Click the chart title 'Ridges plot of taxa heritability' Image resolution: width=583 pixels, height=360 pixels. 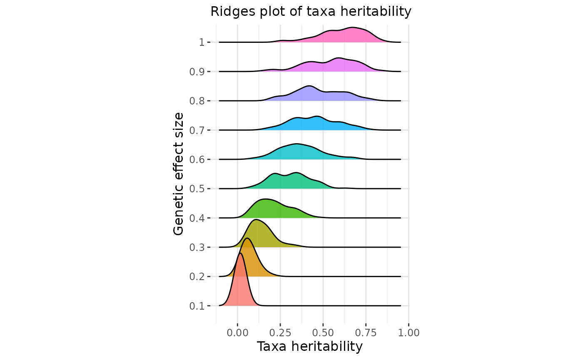coord(311,12)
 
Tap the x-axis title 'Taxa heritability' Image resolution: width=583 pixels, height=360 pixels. coord(310,347)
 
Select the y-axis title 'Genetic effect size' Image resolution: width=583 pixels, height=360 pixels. coord(178,174)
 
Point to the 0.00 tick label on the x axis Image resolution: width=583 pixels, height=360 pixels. coord(237,333)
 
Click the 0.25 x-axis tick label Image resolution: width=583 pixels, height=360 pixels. coord(280,333)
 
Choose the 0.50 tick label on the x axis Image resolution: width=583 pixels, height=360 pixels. coord(323,333)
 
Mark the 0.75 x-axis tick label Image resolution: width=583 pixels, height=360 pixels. coord(366,333)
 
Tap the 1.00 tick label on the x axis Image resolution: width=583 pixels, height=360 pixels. coord(409,333)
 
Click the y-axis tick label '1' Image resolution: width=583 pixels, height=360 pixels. coord(202,42)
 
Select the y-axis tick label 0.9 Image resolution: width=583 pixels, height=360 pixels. coord(197,72)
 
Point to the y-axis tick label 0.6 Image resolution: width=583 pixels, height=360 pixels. coord(197,159)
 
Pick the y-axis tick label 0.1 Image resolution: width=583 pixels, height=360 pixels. coord(197,306)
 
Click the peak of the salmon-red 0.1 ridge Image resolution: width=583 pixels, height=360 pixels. coord(240,253)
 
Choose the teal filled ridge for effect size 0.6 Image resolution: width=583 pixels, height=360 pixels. coord(296,152)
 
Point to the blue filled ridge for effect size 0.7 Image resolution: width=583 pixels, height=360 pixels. coord(312,124)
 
